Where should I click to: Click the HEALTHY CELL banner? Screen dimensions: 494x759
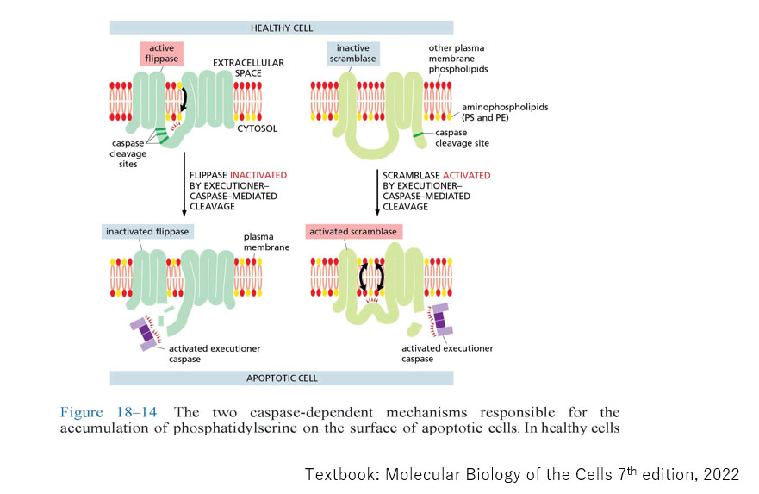point(281,28)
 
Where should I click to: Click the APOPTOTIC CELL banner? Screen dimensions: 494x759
point(281,378)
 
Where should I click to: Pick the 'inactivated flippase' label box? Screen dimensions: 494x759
point(146,231)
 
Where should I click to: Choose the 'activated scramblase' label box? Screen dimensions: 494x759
point(353,231)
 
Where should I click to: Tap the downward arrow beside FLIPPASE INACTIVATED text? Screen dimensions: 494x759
point(184,184)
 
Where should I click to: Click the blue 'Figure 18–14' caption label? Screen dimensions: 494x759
point(98,413)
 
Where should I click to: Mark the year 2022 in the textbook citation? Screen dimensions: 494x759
point(720,473)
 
